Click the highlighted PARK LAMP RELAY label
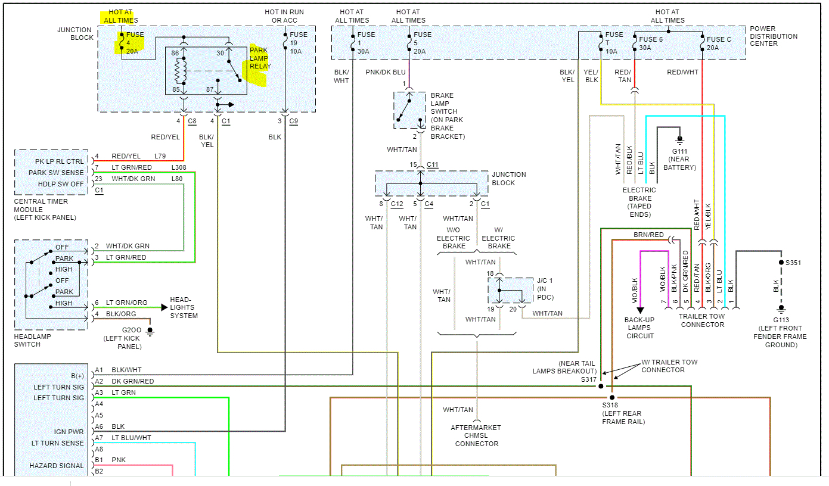click(x=260, y=58)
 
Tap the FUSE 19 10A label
click(x=298, y=43)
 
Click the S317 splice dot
click(x=601, y=386)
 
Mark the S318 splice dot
click(x=612, y=397)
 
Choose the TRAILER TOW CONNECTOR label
click(x=701, y=320)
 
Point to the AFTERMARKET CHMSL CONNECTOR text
click(x=477, y=435)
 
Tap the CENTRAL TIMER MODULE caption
click(x=45, y=210)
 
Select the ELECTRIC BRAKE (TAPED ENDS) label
click(x=639, y=202)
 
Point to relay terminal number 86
click(x=175, y=54)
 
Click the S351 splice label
click(x=793, y=262)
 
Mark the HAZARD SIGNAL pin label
click(x=57, y=466)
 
